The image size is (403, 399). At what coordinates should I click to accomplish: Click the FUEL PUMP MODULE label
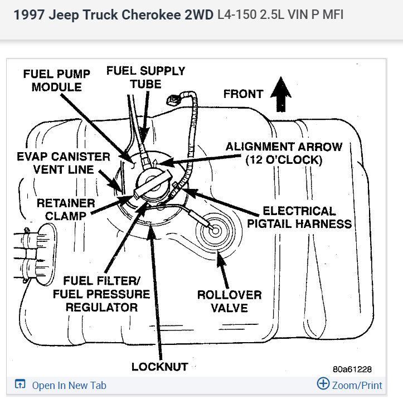56,80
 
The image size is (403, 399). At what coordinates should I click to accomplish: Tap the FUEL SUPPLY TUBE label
145,77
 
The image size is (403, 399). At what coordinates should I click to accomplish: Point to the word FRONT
243,94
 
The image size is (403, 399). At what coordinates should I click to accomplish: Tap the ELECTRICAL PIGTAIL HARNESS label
307,217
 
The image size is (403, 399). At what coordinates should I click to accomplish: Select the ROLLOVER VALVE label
229,301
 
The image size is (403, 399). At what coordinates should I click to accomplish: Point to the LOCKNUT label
159,367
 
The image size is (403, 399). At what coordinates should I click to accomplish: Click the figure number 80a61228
352,369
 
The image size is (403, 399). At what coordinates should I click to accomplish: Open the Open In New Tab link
69,385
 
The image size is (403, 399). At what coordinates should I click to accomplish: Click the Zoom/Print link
357,385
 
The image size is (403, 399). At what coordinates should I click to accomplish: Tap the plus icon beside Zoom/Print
323,384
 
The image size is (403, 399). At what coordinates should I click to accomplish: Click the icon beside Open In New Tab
20,385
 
